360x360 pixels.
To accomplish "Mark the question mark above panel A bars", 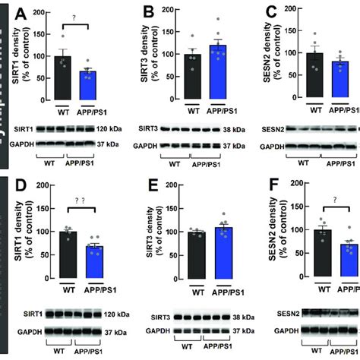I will tap(76, 22).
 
